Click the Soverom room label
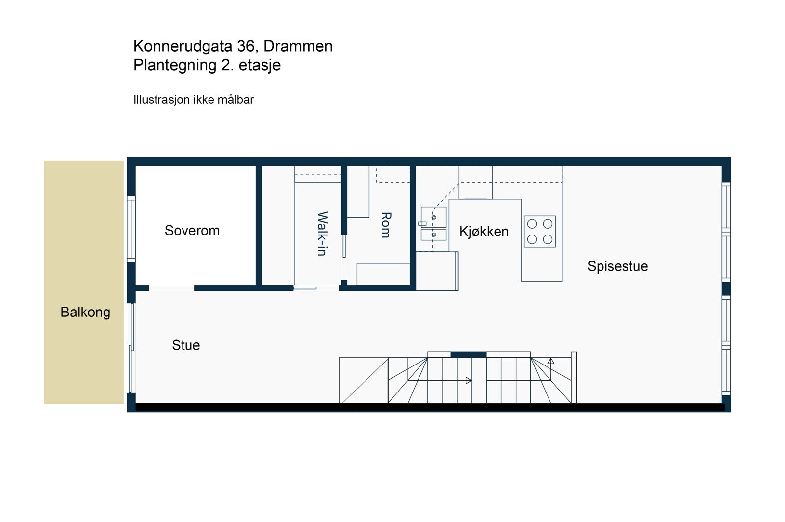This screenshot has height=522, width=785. [x=192, y=231]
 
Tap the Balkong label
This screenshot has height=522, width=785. [x=85, y=312]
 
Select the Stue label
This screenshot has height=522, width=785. [x=185, y=345]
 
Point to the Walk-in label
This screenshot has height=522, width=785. [x=322, y=234]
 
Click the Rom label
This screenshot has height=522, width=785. [x=386, y=225]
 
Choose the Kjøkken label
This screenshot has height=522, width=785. [x=484, y=232]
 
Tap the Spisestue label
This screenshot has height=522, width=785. [x=617, y=266]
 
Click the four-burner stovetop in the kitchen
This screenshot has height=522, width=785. [x=540, y=232]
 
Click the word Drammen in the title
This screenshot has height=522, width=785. [x=298, y=46]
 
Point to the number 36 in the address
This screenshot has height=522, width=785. [x=246, y=46]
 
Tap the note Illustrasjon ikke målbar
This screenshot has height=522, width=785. [x=193, y=100]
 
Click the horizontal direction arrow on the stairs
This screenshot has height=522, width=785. [x=468, y=380]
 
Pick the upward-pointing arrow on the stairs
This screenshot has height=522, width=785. [x=551, y=362]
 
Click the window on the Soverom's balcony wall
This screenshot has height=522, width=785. [x=131, y=228]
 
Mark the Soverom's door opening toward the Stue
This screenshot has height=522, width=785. [x=172, y=288]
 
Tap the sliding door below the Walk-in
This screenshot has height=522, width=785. [x=305, y=288]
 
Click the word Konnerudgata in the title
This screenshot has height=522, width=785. [x=183, y=46]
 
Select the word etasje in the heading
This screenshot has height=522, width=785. [x=260, y=65]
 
